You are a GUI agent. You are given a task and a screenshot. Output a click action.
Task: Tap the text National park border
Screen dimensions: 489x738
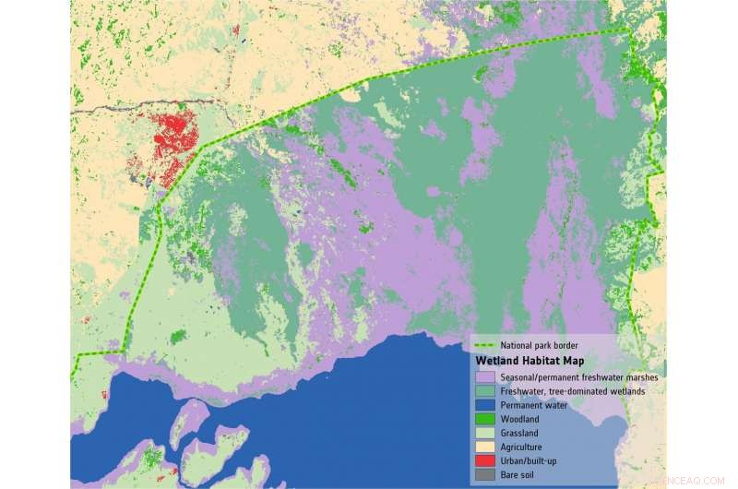tap(539, 346)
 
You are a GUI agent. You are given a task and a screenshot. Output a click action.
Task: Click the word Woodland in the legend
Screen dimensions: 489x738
tap(521, 419)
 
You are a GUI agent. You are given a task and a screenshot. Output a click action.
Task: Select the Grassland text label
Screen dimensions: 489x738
tap(521, 433)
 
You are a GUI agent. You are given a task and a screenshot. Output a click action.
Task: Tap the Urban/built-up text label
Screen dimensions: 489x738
tap(530, 460)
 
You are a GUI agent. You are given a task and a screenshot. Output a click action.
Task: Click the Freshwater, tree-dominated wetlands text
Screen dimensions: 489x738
tap(572, 391)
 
